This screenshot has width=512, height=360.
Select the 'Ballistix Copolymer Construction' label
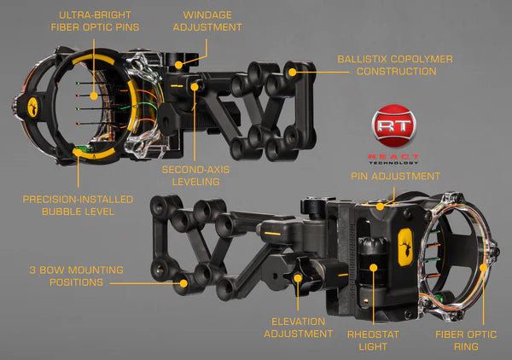(x=394, y=65)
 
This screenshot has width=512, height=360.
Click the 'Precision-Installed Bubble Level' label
(x=78, y=205)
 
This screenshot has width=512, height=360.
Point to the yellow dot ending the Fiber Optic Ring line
(x=483, y=266)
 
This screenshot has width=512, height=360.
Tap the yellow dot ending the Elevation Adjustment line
(x=297, y=278)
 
